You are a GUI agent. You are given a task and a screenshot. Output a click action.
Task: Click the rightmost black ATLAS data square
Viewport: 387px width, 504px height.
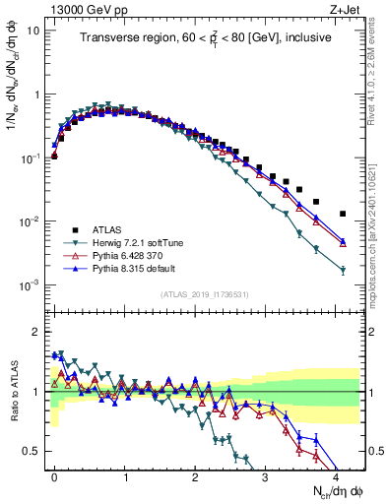pyautogui.click(x=343, y=214)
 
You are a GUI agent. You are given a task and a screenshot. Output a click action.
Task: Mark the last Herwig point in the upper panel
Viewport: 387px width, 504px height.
pyautogui.click(x=343, y=271)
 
